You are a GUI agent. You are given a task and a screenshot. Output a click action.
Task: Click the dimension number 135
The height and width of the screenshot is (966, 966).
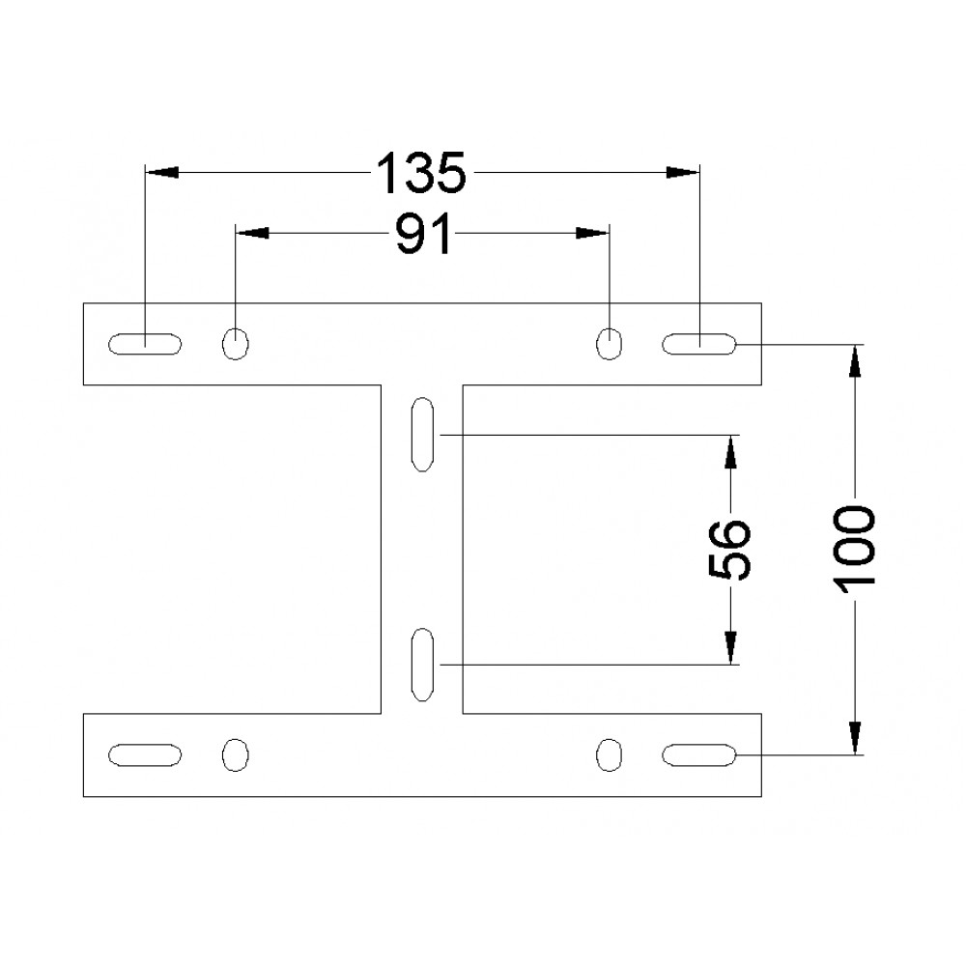coord(421,173)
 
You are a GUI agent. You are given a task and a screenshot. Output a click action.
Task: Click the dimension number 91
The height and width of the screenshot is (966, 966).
coord(423,234)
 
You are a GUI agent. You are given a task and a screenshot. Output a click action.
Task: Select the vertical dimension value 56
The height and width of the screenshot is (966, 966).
coord(731,551)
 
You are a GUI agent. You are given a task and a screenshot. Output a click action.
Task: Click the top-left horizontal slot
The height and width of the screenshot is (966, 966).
coord(145,344)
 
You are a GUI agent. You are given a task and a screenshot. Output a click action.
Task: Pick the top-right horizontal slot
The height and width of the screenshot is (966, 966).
coord(699,344)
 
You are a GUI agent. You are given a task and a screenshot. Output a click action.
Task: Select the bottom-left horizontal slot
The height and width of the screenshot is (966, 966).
coord(145,755)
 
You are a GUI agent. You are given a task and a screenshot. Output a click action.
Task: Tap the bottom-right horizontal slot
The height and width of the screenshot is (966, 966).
coord(699,755)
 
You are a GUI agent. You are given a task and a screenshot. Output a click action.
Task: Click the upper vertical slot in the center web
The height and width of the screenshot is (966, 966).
coord(422,435)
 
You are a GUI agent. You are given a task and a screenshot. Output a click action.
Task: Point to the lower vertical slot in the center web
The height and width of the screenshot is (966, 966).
coord(422,665)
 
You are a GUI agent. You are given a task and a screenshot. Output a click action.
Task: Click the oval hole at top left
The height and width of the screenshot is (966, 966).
coord(236,344)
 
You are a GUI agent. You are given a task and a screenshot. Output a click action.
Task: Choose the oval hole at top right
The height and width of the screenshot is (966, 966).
coord(610,344)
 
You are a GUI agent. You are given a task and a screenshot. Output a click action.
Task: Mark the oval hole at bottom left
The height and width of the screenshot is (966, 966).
coord(236,755)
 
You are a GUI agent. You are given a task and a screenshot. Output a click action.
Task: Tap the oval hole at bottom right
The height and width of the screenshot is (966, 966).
coord(610,755)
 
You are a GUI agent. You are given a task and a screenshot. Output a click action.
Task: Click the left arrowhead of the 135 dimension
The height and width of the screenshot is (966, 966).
coord(161,173)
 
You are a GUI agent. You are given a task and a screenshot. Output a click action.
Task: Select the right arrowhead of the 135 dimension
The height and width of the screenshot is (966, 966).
coord(683,173)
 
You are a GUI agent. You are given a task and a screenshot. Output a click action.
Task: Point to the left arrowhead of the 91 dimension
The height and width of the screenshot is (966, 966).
coord(252,233)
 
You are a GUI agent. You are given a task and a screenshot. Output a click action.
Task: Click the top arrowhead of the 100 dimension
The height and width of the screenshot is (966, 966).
coord(855,361)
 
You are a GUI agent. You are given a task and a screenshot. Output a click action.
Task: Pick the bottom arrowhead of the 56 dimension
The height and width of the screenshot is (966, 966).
coord(731,648)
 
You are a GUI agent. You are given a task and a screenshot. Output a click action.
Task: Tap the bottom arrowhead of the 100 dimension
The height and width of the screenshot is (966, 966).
coord(855,738)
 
